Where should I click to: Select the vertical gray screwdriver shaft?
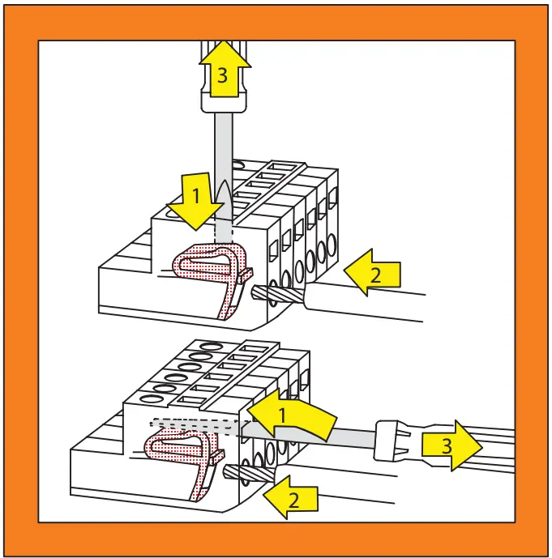point(223,154)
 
